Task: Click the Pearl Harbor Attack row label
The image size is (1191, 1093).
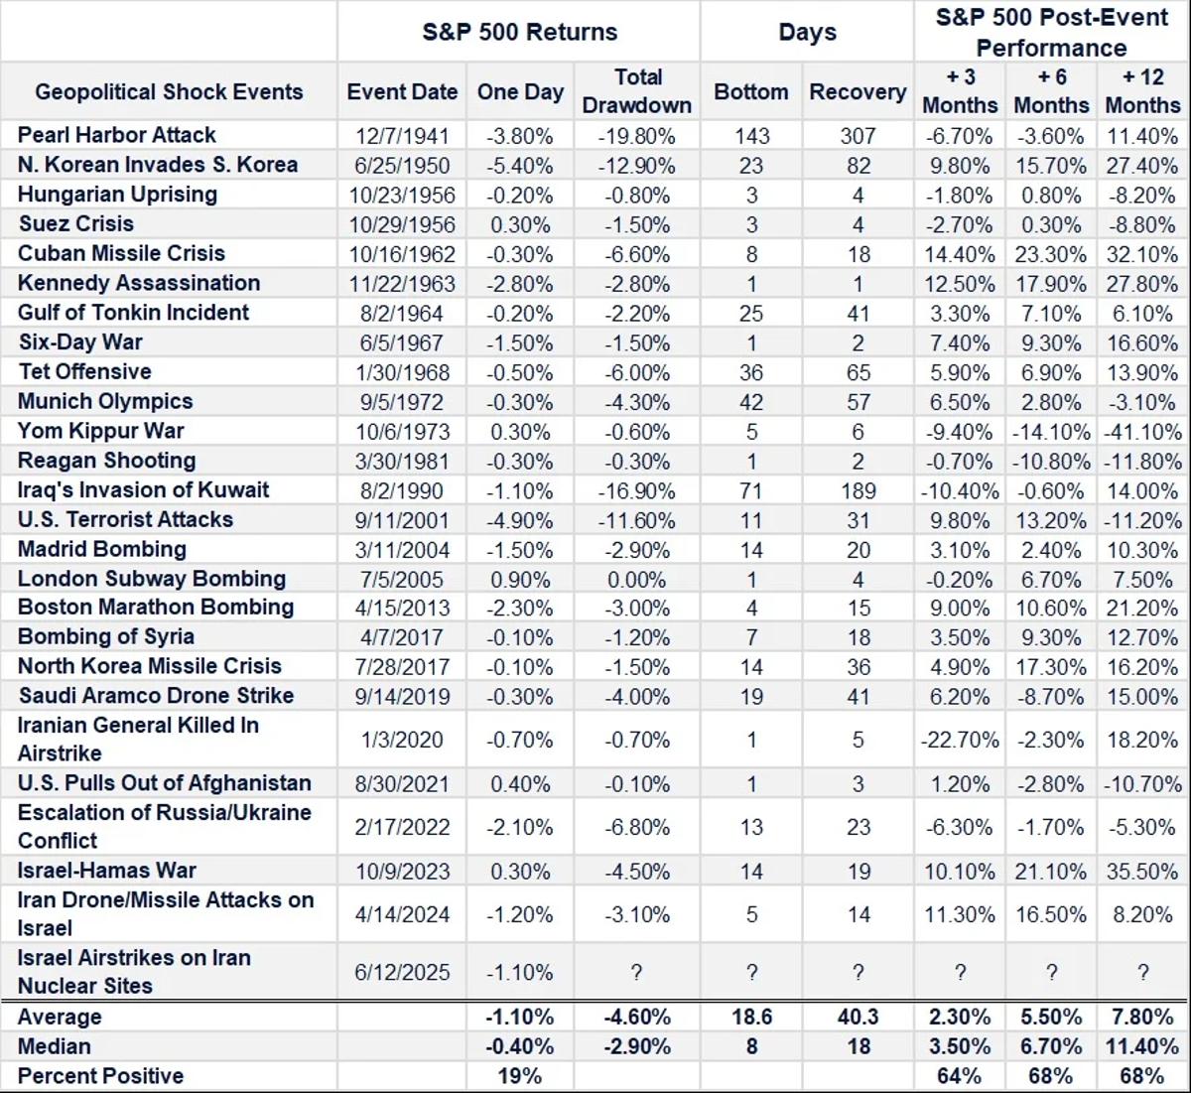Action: click(x=116, y=135)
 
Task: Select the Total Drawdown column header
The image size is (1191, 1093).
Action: click(x=637, y=91)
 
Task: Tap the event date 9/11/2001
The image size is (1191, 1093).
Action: click(x=402, y=520)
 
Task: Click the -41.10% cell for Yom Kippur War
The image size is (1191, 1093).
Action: click(x=1142, y=432)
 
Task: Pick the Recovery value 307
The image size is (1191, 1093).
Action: click(x=858, y=136)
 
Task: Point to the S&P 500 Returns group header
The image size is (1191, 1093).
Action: click(x=519, y=32)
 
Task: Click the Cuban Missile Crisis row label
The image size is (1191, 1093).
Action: click(x=121, y=253)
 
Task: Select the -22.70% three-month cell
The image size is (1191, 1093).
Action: click(x=959, y=740)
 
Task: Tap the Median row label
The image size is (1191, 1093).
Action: click(x=54, y=1046)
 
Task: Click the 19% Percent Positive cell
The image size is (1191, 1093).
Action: click(x=520, y=1076)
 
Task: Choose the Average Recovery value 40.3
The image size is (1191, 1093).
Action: click(x=858, y=1018)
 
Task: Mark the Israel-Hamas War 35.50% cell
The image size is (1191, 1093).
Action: click(x=1142, y=872)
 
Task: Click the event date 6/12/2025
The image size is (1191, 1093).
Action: click(x=402, y=973)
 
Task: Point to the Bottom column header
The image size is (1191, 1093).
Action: click(x=751, y=91)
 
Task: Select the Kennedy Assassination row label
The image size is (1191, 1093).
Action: click(x=139, y=283)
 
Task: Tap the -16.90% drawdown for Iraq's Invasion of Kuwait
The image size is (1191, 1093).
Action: click(x=637, y=491)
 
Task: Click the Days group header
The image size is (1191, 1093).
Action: click(x=807, y=32)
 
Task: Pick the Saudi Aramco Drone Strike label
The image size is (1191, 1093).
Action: click(x=156, y=696)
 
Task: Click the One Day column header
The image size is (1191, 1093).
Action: click(x=520, y=91)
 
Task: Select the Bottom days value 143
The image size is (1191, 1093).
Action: click(x=751, y=136)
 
